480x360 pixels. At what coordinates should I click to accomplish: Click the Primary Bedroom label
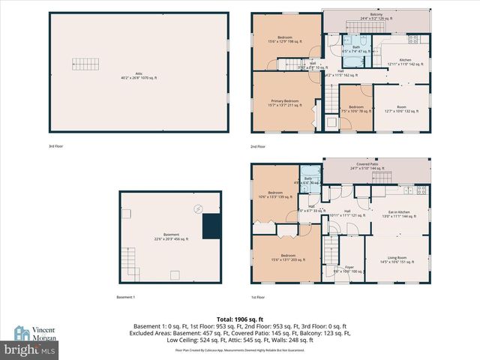point(285,103)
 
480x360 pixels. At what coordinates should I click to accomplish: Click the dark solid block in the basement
point(211,225)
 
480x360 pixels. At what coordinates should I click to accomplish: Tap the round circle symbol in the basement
point(198,208)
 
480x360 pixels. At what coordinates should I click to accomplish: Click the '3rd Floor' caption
point(56,146)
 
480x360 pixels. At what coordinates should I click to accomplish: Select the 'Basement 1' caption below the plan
point(125,298)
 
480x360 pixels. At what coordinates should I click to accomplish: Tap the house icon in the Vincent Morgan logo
point(21,332)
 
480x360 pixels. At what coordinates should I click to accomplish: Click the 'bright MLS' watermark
point(30,349)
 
